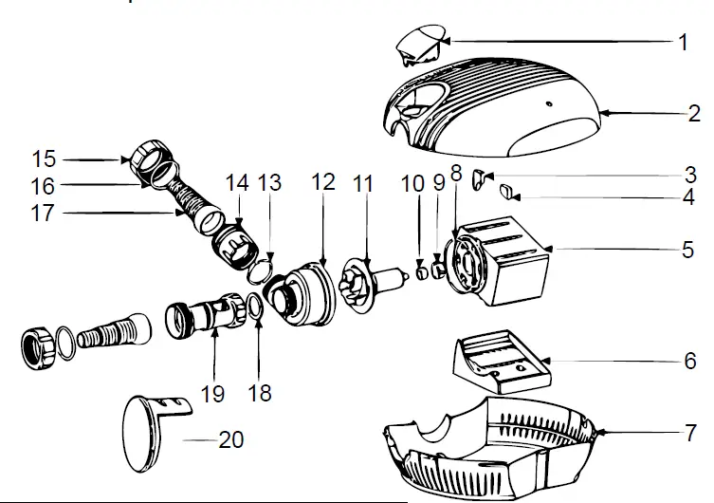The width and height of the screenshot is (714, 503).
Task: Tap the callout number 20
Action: tap(231, 439)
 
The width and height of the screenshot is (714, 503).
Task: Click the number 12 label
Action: tap(323, 182)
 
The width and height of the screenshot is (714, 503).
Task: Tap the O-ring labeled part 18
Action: tap(253, 307)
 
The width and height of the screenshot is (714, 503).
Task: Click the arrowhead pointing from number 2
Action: tap(599, 115)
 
